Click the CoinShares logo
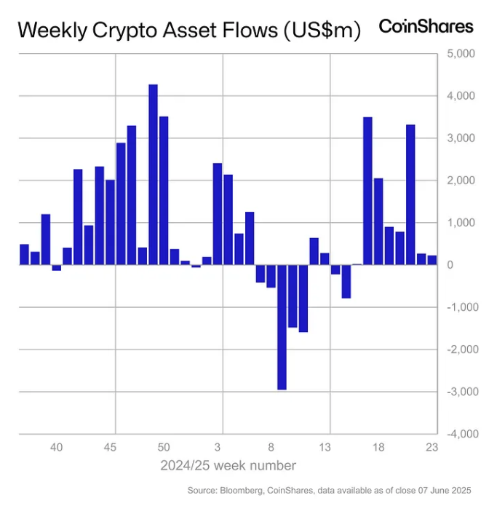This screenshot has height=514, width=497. point(426,27)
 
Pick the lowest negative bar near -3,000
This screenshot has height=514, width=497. point(282,327)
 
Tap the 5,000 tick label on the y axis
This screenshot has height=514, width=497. point(460,54)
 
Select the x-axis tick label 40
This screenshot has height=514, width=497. point(57,447)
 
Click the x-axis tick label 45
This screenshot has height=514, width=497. point(111,447)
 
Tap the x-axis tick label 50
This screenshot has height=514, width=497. point(164,447)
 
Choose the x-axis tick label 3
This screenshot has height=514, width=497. point(218,447)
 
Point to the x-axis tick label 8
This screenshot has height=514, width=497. point(271,447)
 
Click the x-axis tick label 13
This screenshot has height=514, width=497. point(325,447)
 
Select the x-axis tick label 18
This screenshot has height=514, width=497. point(378,447)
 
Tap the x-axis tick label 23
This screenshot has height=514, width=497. point(432,447)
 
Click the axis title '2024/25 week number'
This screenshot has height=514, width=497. point(228,465)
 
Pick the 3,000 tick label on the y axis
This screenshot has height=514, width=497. point(460,138)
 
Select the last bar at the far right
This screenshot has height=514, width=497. point(432,260)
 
